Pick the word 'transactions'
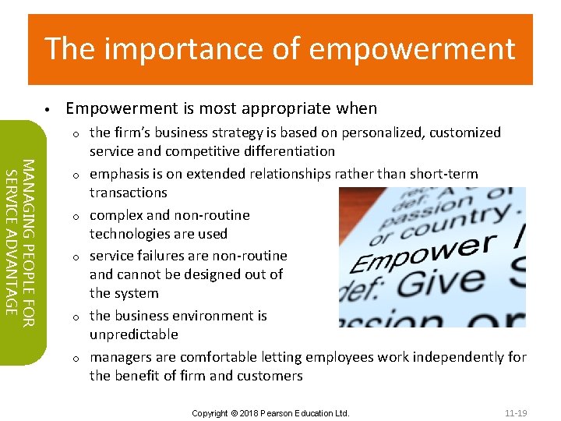click(x=129, y=193)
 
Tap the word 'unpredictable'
click(x=133, y=334)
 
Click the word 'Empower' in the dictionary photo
click(x=422, y=253)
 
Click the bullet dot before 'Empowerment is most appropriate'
click(x=48, y=109)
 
